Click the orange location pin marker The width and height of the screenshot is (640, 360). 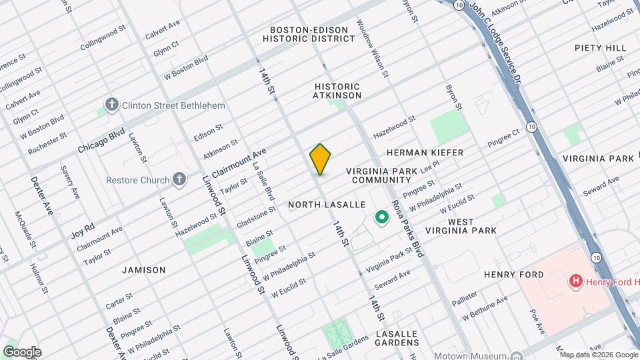[320, 159]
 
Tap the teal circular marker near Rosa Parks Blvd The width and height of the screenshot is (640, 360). [382, 217]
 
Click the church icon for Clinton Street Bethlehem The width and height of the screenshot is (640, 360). [112, 105]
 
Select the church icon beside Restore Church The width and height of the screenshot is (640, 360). [178, 179]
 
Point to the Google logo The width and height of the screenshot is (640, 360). [22, 352]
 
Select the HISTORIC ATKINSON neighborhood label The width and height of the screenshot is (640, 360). [337, 91]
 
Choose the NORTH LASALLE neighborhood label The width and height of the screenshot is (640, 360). [327, 205]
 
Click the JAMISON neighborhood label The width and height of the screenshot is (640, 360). [143, 270]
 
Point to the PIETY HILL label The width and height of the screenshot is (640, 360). [600, 48]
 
